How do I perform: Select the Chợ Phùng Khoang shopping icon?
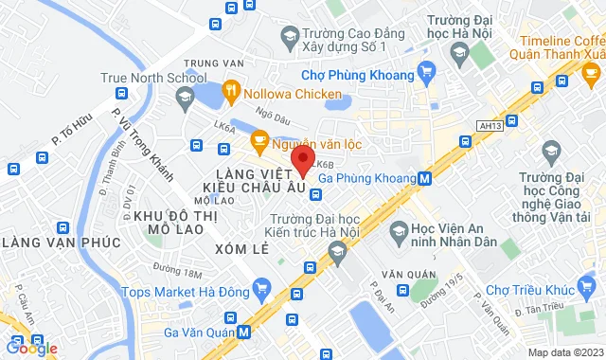(x=427, y=72)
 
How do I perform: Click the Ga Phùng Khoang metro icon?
(x=425, y=177)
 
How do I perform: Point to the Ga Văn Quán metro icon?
(x=245, y=332)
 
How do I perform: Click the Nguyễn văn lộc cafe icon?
(x=258, y=141)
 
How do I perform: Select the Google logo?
(x=31, y=349)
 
